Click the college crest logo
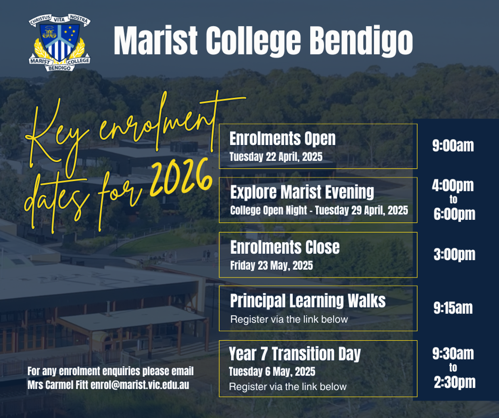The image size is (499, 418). point(59,42)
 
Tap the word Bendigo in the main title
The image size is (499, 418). point(361,41)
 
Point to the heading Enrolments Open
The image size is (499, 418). point(282,138)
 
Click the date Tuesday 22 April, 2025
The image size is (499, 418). point(276,157)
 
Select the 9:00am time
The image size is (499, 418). point(453,146)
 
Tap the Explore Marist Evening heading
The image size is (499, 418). point(302,192)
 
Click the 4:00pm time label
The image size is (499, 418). point(453,186)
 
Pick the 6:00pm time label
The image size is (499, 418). point(455,214)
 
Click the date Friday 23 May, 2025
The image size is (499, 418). point(272,266)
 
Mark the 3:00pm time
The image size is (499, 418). point(455,255)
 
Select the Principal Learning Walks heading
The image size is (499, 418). point(308,301)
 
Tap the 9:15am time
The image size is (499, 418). point(453,308)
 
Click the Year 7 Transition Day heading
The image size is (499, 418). point(295,354)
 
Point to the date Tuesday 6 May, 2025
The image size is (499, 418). point(272,371)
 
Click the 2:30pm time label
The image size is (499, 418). point(455,382)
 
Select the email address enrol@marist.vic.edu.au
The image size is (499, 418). point(140,385)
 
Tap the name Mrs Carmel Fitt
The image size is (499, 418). point(58,385)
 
